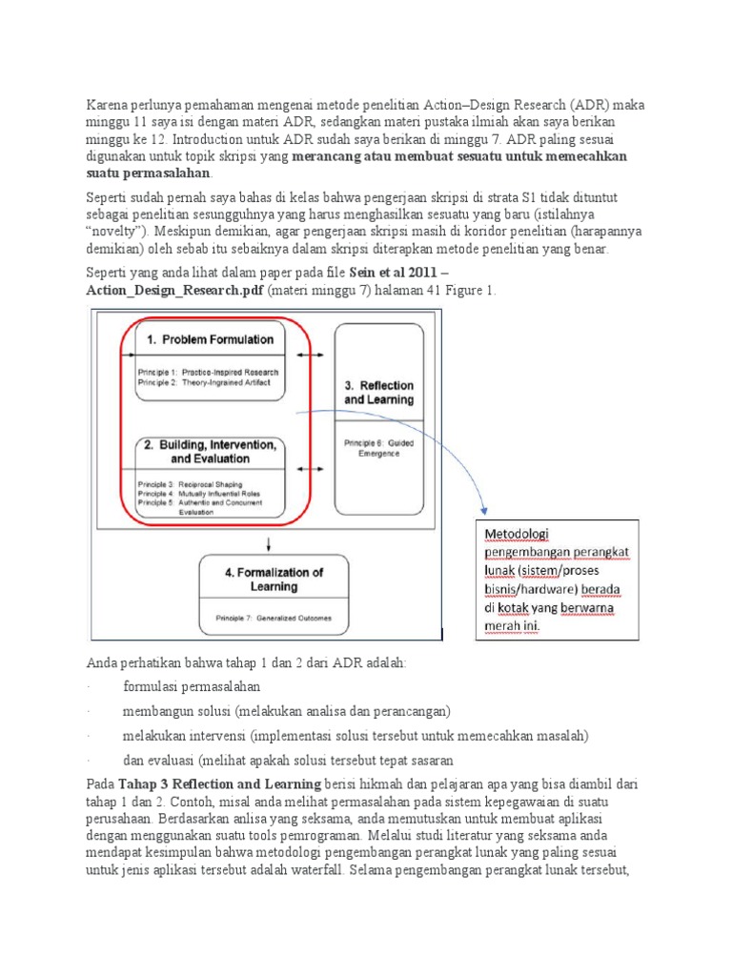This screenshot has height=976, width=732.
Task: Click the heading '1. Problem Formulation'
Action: tap(210, 339)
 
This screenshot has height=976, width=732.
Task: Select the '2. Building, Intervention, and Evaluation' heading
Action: tap(210, 451)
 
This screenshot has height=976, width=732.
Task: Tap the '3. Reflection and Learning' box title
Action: tap(378, 392)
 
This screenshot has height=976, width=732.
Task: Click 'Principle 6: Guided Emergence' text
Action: tap(378, 447)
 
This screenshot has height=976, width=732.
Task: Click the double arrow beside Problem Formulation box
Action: tap(311, 354)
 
